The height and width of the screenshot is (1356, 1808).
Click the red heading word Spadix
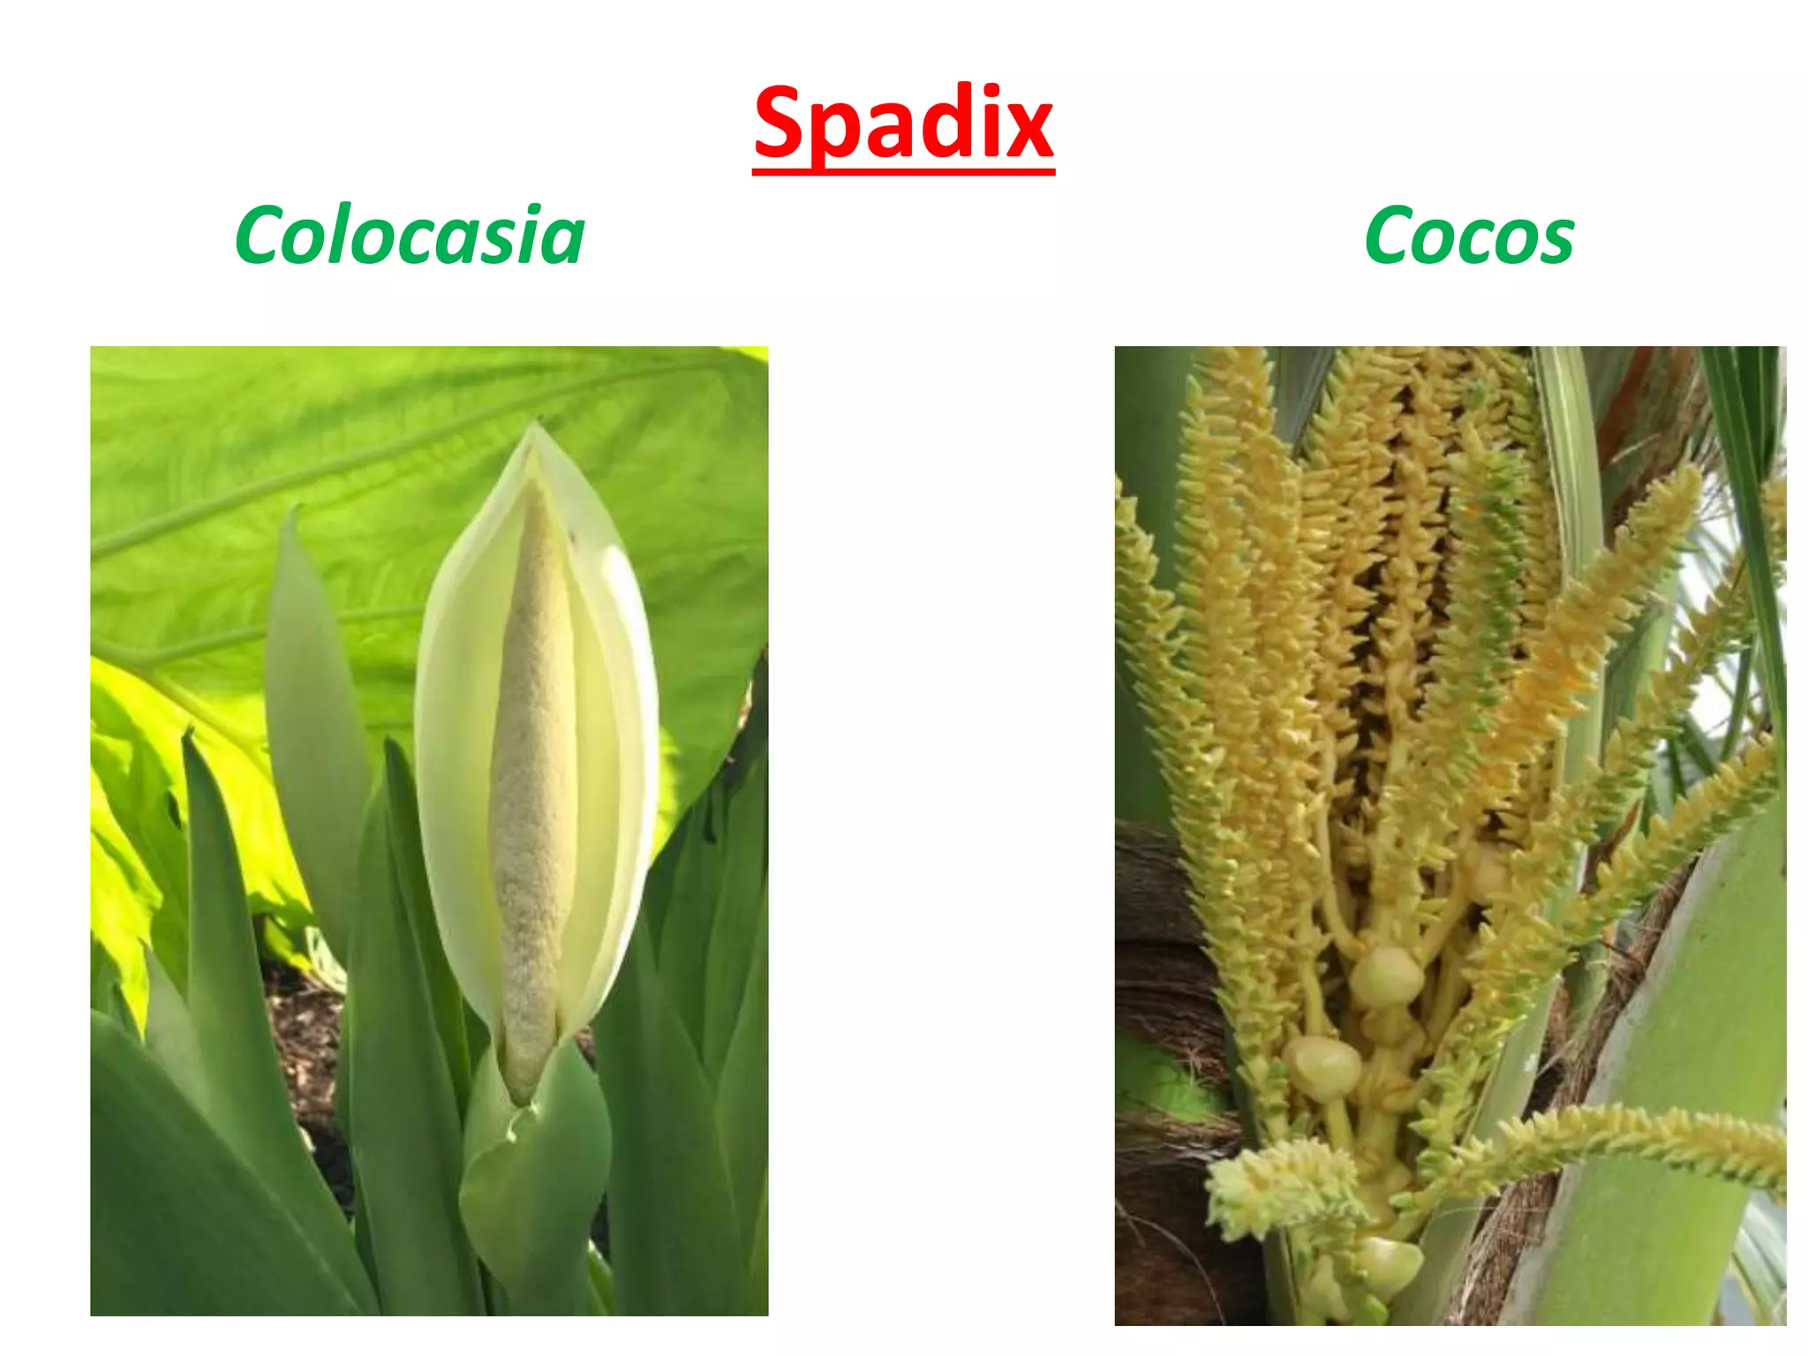coord(903,124)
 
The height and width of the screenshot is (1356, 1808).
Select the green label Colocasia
coord(410,236)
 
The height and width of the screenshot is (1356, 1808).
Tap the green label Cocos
coord(1469,236)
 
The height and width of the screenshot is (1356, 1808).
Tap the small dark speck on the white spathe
coord(572,536)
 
